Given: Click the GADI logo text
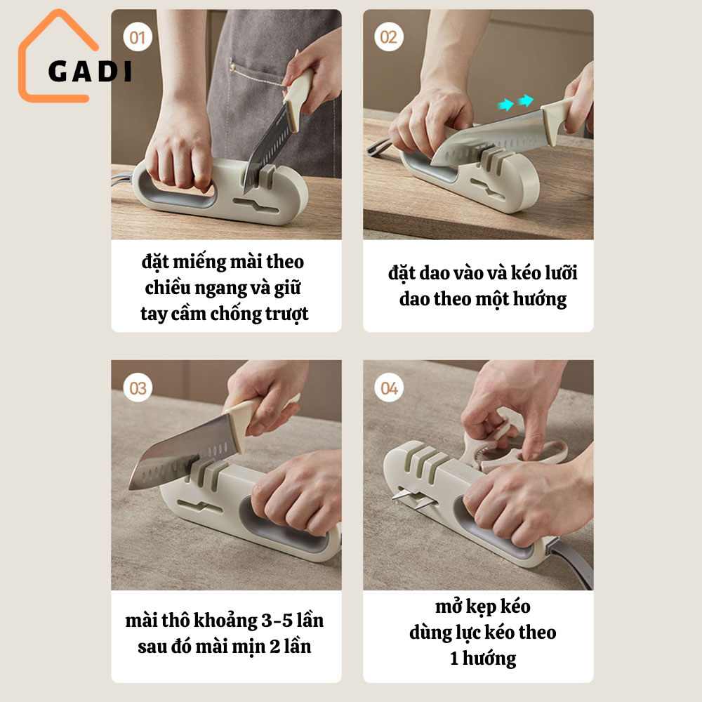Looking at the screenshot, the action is click(x=90, y=71).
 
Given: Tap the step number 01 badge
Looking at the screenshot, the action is click(x=138, y=37).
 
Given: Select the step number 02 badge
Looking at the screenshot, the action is click(x=389, y=37).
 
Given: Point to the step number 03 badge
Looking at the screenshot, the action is click(x=138, y=388).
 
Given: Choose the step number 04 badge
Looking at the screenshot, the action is click(x=389, y=388).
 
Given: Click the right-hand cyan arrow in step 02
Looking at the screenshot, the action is click(x=526, y=100).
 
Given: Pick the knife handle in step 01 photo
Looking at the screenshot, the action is click(x=297, y=95).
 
